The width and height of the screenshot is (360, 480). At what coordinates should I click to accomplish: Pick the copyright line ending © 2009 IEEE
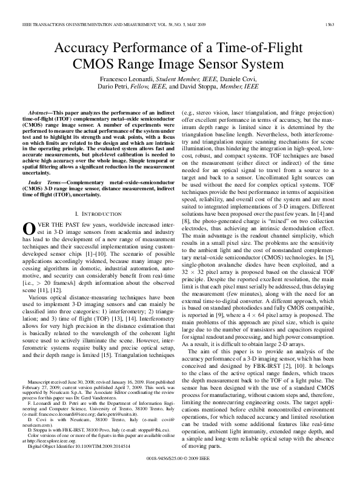179,467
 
